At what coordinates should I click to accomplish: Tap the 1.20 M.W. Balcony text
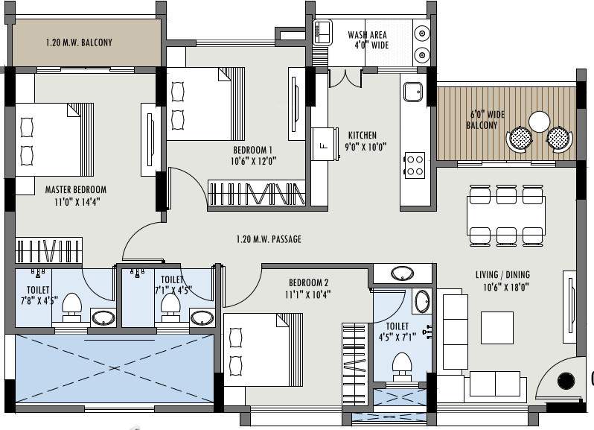[79, 42]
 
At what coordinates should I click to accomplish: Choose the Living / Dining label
[503, 280]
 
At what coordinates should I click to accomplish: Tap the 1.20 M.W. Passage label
[268, 239]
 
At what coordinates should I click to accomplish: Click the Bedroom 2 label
[309, 288]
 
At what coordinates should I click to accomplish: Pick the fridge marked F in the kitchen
[322, 145]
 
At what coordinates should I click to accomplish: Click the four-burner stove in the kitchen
[414, 165]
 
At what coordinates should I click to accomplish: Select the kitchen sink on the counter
[413, 92]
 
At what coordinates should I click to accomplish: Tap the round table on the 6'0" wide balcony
[539, 121]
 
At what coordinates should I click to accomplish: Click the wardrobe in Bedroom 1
[258, 193]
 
